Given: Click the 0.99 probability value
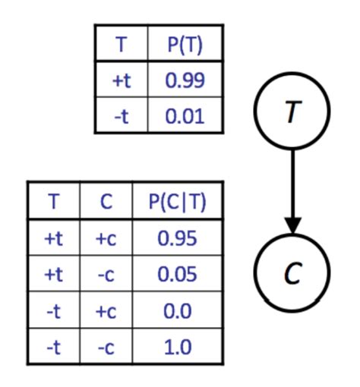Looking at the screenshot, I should tap(185, 80).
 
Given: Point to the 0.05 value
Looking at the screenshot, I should tap(178, 275).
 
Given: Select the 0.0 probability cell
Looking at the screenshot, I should tap(178, 310).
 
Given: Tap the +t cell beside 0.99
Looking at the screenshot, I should tap(121, 80).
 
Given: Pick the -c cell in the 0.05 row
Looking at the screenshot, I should tap(106, 275).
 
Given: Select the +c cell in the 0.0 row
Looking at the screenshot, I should tap(106, 310).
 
